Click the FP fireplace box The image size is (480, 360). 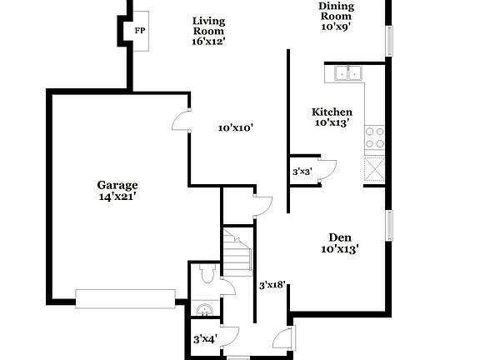[x=138, y=30]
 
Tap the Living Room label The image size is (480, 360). [x=209, y=31]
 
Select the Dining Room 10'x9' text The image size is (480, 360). [x=336, y=17]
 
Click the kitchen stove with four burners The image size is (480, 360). [x=375, y=137]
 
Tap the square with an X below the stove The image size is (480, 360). [x=375, y=170]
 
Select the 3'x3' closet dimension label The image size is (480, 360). [x=302, y=172]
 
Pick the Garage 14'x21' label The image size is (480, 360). [x=117, y=191]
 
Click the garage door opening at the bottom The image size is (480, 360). [x=125, y=297]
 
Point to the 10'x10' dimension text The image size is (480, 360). [x=235, y=128]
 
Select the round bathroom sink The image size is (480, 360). [x=202, y=311]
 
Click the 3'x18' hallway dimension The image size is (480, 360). [x=272, y=285]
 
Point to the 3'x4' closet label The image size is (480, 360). [x=205, y=339]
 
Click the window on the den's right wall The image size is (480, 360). [x=387, y=226]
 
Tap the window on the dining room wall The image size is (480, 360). [x=387, y=39]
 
